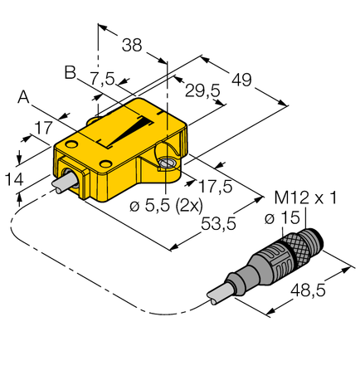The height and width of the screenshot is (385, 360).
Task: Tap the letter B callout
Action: point(71,73)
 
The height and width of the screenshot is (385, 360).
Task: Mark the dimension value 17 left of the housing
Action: point(44,129)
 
